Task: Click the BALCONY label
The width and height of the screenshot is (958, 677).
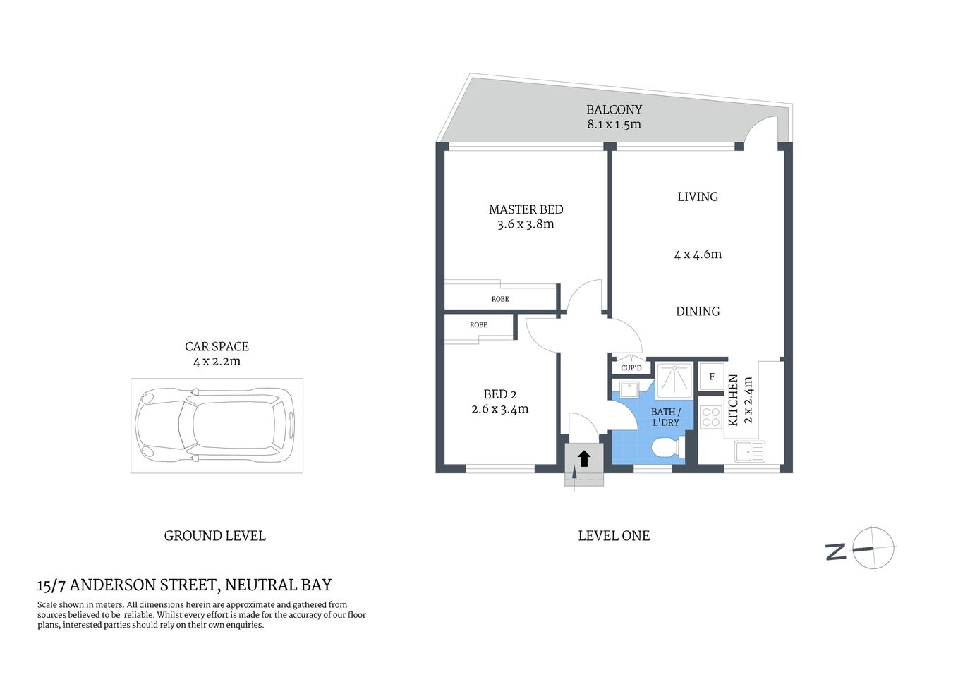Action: coord(614,109)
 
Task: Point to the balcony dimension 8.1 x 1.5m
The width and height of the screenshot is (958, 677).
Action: coord(614,125)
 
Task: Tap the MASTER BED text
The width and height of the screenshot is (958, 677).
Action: coord(526,209)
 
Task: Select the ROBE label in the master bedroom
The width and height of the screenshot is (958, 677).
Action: coord(499,299)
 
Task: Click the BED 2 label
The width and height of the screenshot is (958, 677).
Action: coord(499,394)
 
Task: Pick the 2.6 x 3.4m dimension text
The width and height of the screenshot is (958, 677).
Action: coord(499,409)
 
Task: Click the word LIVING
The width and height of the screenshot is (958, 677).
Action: coord(697,197)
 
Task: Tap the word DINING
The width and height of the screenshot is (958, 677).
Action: coord(697,311)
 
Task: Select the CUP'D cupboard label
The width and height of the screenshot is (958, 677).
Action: coord(631,368)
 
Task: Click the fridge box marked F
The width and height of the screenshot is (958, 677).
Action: coord(711,377)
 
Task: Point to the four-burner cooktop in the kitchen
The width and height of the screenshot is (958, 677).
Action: coord(711,417)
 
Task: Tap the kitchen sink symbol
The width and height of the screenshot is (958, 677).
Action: coord(748,451)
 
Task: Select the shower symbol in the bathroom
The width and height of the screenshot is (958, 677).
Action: coord(674,381)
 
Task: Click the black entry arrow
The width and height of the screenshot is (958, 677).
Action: coord(584,459)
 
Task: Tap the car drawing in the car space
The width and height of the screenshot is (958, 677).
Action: coord(216,425)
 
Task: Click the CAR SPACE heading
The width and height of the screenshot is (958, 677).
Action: coord(217,346)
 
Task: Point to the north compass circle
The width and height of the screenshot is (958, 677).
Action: coord(873,548)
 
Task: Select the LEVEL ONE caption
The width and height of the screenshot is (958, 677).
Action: coord(614,536)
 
